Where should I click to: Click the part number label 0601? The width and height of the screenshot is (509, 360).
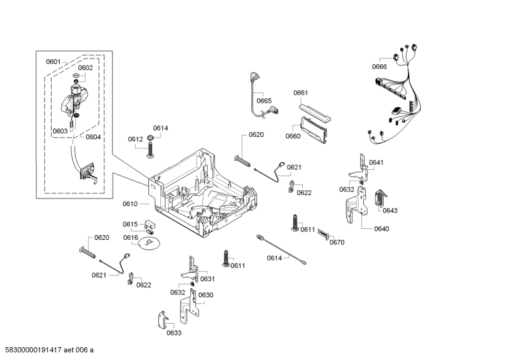click(53, 62)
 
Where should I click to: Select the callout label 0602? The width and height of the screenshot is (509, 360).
click(85, 67)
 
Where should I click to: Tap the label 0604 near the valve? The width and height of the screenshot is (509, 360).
click(93, 137)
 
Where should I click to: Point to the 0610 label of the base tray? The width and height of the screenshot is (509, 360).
click(130, 204)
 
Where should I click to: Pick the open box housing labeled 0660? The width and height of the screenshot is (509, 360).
click(314, 130)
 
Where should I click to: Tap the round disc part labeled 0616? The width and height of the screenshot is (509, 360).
click(148, 245)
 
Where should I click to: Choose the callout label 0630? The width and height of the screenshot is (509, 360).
click(206, 294)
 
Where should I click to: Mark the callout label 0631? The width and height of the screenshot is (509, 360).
click(207, 279)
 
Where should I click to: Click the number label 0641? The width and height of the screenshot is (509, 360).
click(376, 162)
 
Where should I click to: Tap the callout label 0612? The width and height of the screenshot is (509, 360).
click(135, 139)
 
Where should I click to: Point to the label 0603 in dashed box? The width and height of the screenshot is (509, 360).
click(60, 131)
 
